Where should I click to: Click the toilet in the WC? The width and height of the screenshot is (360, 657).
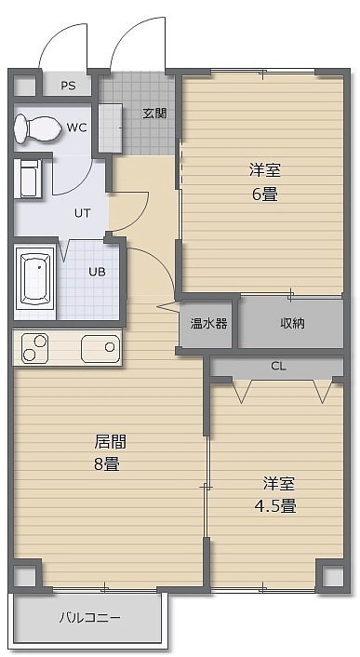[x=37, y=127]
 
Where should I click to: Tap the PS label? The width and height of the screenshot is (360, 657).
[x=68, y=86]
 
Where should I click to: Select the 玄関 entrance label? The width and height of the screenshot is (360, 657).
[x=154, y=113]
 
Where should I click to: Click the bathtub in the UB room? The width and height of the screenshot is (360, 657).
[x=35, y=278]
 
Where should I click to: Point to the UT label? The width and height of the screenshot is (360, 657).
[x=82, y=213]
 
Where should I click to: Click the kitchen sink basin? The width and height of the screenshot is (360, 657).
[x=100, y=348]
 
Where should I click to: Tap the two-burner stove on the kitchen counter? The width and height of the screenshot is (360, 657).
[x=35, y=348]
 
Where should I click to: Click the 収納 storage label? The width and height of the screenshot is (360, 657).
[x=292, y=323]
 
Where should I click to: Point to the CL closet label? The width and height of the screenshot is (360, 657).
[x=278, y=367]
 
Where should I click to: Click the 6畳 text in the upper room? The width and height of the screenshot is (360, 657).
[x=264, y=194]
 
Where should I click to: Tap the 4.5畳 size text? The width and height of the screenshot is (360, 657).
[x=276, y=506]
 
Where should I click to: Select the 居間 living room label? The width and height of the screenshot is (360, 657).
[x=111, y=441]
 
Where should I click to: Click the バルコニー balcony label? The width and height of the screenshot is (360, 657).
[x=89, y=617]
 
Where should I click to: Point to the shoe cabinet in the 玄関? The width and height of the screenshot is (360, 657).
[x=111, y=128]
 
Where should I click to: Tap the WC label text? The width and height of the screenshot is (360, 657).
[x=77, y=127]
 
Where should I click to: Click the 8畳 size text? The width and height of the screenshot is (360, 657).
[x=107, y=464]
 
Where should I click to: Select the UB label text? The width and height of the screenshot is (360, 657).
[x=97, y=272]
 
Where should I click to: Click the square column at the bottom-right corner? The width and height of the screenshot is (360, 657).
[x=333, y=576]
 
